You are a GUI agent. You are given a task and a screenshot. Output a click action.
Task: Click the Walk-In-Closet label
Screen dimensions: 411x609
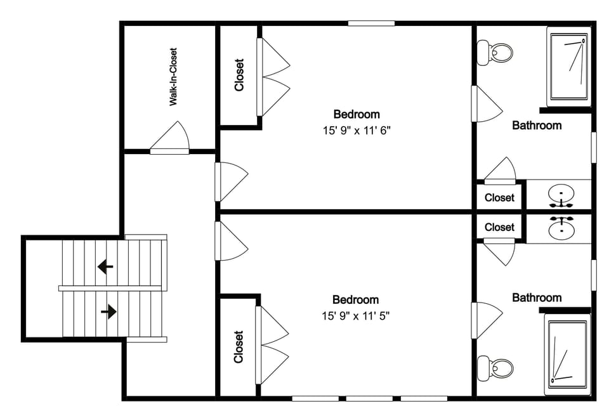[173, 77]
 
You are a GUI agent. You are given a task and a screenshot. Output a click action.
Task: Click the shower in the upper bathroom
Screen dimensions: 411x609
[568, 66]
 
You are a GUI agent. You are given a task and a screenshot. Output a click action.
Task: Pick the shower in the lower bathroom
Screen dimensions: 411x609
[568, 353]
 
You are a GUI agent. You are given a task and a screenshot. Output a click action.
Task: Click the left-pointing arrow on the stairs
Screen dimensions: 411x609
[105, 266]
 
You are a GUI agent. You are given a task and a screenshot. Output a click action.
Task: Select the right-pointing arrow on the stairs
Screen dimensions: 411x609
[108, 311]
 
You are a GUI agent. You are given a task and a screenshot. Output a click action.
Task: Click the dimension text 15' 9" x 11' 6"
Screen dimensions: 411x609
[356, 131]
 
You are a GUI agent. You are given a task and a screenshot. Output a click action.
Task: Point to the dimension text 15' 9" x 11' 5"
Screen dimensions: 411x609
[355, 316]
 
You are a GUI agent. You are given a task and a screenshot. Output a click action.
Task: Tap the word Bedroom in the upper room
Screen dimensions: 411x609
[357, 115]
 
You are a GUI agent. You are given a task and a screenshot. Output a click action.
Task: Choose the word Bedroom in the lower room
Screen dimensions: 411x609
[355, 300]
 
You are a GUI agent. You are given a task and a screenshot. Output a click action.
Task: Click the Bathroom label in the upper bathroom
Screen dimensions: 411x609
[537, 126]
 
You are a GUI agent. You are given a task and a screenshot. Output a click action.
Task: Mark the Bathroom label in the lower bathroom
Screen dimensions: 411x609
[537, 297]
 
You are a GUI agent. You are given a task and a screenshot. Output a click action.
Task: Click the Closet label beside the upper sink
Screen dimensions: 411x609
[499, 198]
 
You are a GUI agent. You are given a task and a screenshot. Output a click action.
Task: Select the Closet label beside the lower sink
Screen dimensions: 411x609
[499, 227]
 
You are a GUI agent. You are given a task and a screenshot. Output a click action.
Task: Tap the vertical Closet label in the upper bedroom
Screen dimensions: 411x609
[239, 75]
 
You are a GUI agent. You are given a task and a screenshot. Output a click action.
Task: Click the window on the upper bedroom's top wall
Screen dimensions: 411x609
[371, 23]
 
